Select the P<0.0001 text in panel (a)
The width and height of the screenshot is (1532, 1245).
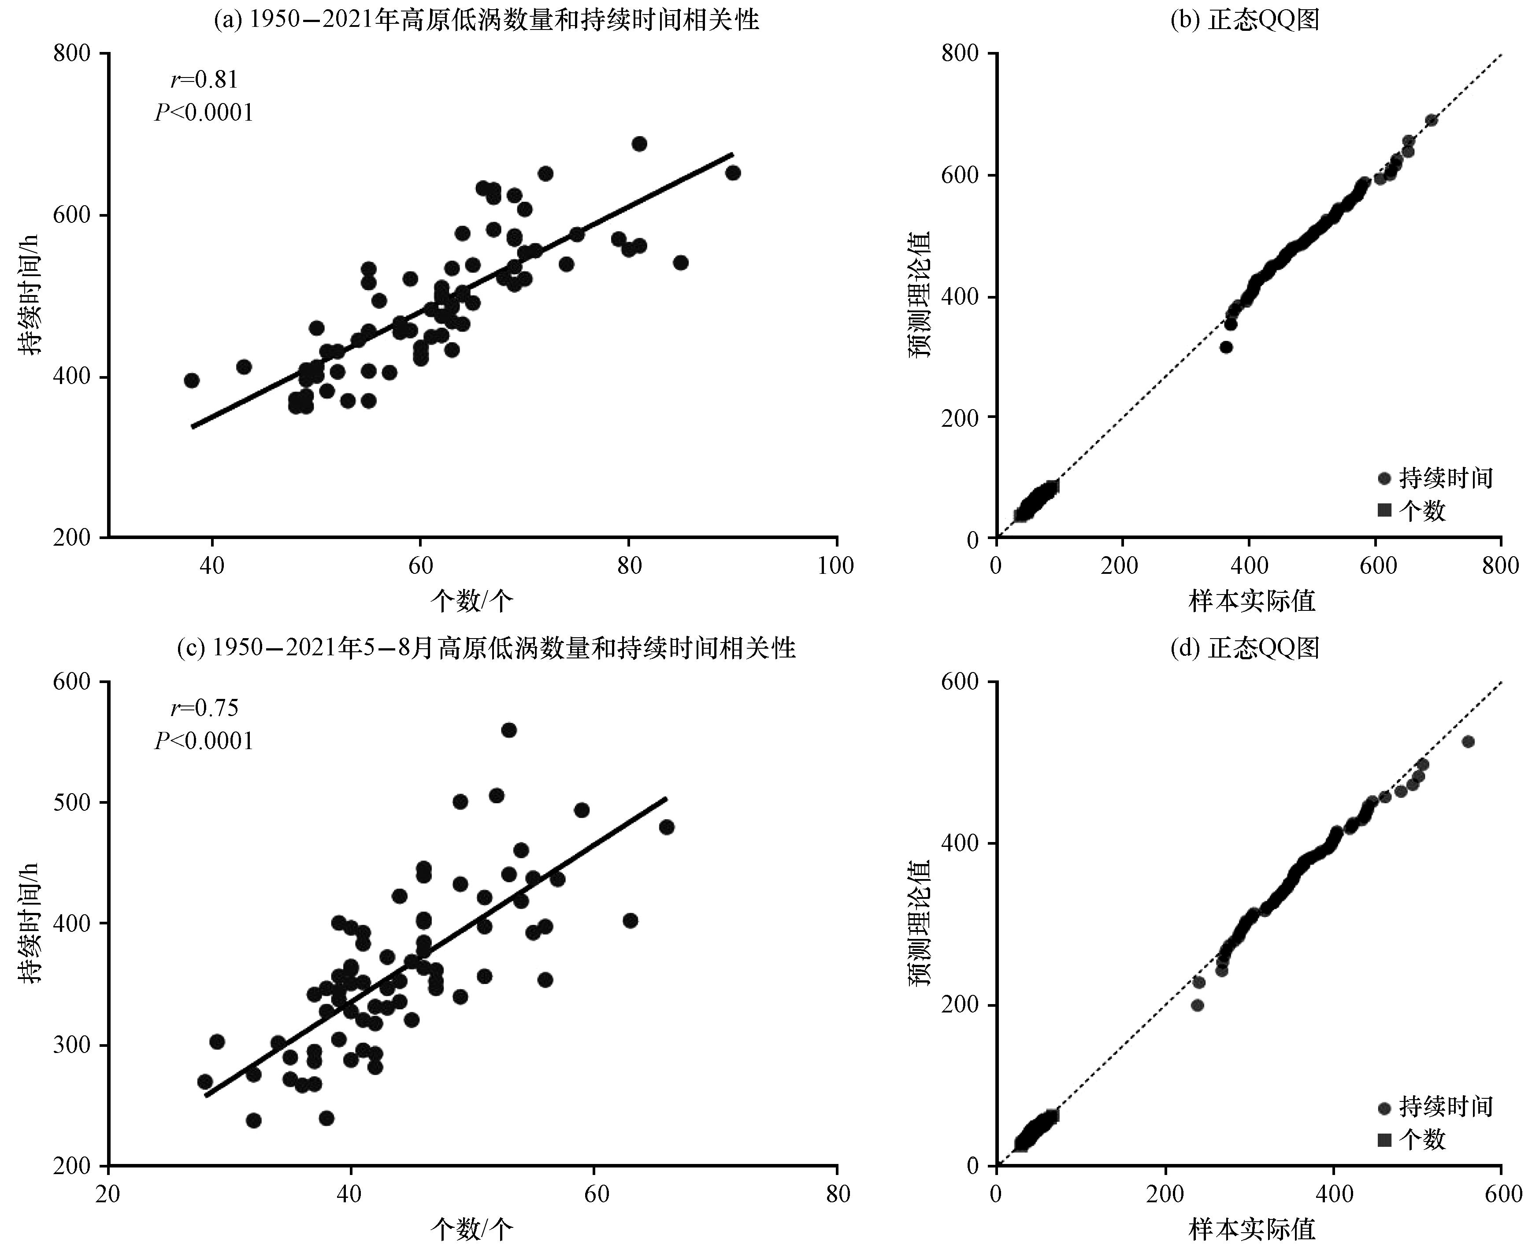204,113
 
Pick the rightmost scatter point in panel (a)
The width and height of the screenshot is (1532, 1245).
733,173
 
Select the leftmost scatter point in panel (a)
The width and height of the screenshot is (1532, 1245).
192,380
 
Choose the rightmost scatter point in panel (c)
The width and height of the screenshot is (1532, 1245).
667,827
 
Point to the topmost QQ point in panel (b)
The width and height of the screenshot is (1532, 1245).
1431,120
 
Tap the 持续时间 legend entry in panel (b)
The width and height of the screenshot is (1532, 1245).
1435,478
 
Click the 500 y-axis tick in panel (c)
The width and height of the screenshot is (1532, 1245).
72,802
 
